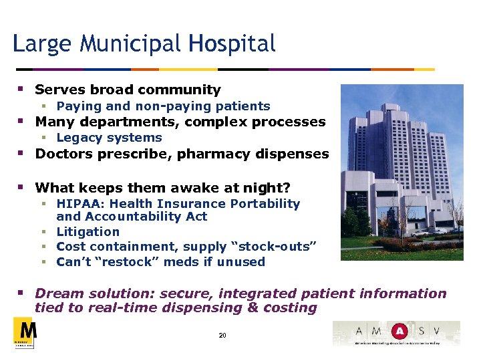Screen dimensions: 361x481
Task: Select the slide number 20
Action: [x=222, y=335]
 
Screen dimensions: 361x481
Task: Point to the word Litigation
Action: [x=88, y=232]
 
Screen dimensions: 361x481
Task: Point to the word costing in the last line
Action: [x=287, y=308]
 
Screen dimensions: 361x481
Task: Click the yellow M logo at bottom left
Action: [x=24, y=332]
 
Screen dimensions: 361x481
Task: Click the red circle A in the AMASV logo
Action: [x=399, y=331]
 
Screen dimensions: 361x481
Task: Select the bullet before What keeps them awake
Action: [x=21, y=188]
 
